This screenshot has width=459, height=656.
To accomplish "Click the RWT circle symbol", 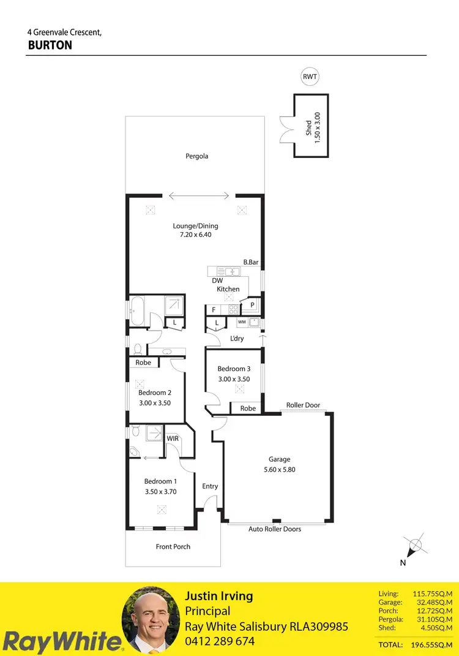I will (x=310, y=77).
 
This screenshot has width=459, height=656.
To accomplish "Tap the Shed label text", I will (x=309, y=127).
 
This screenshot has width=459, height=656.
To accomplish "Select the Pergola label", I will (x=197, y=156).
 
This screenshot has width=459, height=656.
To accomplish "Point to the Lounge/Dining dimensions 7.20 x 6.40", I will (x=195, y=235).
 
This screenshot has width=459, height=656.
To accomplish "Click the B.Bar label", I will (x=251, y=262).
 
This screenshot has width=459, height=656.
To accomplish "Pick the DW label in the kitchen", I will (x=217, y=281).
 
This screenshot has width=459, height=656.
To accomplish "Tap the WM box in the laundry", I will (x=242, y=322).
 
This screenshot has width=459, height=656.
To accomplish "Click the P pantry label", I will (x=252, y=304).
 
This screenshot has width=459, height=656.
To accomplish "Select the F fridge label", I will (x=214, y=310).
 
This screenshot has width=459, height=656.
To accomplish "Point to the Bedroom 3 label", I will (x=234, y=369).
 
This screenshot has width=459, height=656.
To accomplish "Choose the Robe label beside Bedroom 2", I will (x=143, y=363).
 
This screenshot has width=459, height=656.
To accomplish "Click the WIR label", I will (x=173, y=439).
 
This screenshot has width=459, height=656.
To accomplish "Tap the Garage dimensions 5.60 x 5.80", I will (x=279, y=470).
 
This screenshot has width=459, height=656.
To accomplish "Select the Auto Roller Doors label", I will (x=275, y=529).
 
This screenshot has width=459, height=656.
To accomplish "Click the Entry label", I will (x=210, y=486).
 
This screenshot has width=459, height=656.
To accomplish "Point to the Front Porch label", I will (x=173, y=546).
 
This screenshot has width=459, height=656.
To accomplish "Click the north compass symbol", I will (x=416, y=543).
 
